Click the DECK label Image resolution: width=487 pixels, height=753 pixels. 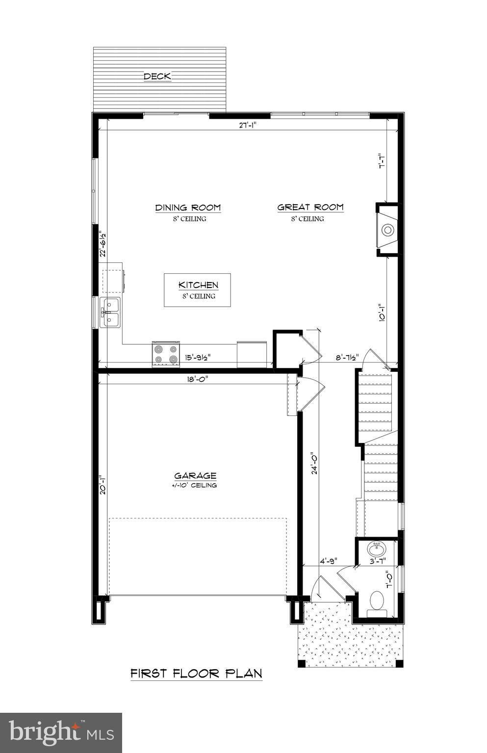tap(157, 76)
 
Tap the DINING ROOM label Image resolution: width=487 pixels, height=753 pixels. tap(188, 208)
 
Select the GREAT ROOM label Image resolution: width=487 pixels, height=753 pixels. tap(310, 208)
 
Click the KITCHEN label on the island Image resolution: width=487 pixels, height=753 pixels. tap(198, 285)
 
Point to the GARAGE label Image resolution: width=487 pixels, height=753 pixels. tap(195, 475)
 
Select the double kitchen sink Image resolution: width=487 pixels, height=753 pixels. tap(110, 312)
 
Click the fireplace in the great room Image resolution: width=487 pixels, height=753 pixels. tap(387, 230)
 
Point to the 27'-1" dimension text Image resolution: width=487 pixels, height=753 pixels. tap(248, 125)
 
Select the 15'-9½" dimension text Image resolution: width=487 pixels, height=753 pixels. tap(198, 358)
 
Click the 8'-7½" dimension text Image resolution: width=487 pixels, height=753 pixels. tap(347, 358)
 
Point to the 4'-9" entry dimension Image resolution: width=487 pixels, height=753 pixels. tap(328, 560)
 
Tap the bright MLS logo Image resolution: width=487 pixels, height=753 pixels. tap(61, 732)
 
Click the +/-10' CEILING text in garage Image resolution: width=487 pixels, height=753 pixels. tap(195, 485)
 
